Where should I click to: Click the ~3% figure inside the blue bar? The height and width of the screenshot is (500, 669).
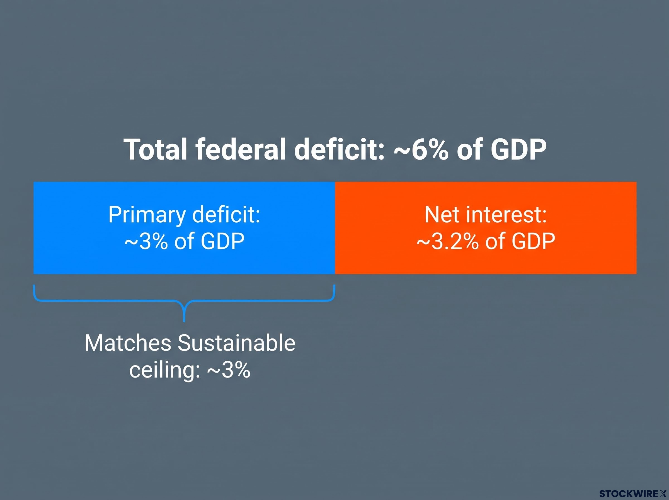(146, 241)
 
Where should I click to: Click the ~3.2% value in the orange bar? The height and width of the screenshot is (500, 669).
(447, 242)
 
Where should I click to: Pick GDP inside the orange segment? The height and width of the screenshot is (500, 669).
(533, 242)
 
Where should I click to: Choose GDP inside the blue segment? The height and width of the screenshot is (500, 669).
(222, 241)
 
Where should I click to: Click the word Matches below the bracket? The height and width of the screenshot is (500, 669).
(128, 343)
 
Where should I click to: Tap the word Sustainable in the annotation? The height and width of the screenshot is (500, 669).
(236, 343)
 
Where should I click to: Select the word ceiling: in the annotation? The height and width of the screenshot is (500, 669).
(165, 370)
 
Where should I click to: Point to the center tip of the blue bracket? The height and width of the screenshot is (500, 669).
(184, 321)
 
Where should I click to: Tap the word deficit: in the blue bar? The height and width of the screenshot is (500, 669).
(226, 215)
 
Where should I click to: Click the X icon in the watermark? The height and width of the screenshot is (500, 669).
(663, 494)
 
